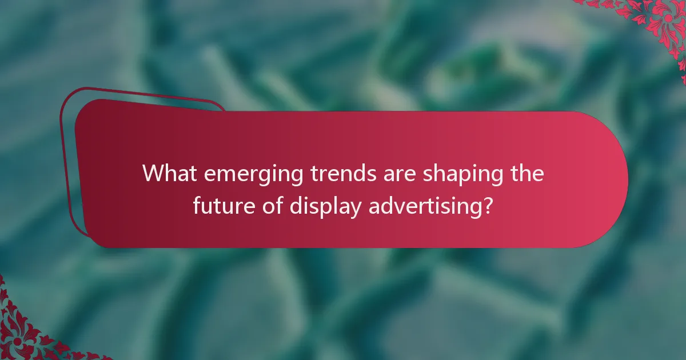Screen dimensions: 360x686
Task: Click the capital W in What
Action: click(153, 173)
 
